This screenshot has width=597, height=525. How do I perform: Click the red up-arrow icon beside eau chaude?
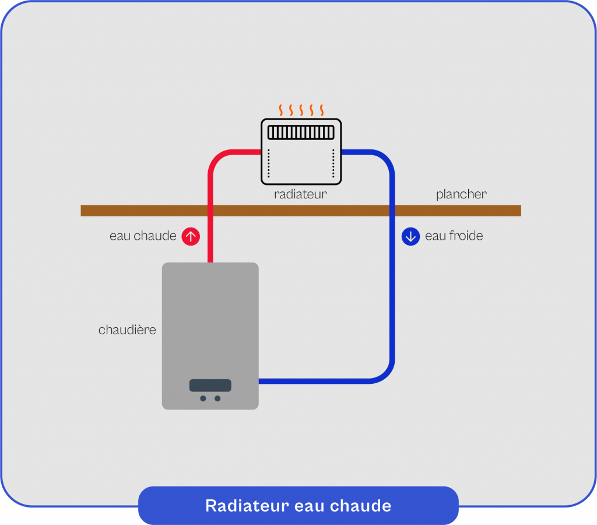[191, 236]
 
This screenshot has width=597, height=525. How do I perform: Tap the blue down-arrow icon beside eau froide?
[411, 236]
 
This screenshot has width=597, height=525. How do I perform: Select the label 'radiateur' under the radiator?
[300, 195]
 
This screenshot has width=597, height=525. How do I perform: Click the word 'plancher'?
[461, 194]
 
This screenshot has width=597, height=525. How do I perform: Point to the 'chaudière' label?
[127, 330]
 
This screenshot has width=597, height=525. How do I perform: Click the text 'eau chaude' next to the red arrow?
[143, 236]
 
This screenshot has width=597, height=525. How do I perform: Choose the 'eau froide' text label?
[454, 236]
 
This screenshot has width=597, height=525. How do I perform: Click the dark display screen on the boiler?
[210, 386]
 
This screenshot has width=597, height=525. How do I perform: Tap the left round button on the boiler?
[203, 398]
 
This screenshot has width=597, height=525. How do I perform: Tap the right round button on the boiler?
[217, 398]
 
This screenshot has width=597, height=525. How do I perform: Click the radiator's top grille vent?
[301, 132]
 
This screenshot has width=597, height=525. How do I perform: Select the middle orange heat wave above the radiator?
[301, 110]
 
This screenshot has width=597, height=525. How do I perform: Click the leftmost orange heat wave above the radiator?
[280, 110]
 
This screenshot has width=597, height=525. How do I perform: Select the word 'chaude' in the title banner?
[366, 506]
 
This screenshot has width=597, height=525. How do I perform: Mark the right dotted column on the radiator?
[333, 164]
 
